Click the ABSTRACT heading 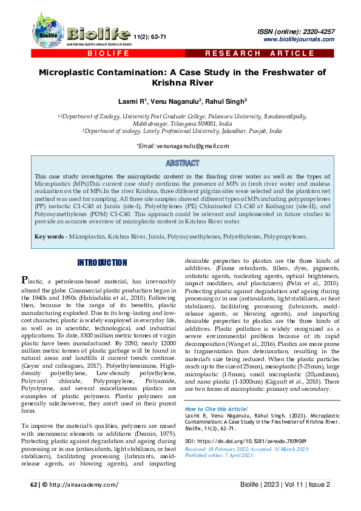[182, 163]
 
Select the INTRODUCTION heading [101, 262]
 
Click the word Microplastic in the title [78, 72]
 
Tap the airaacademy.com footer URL [84, 484]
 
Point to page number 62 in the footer [34, 484]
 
